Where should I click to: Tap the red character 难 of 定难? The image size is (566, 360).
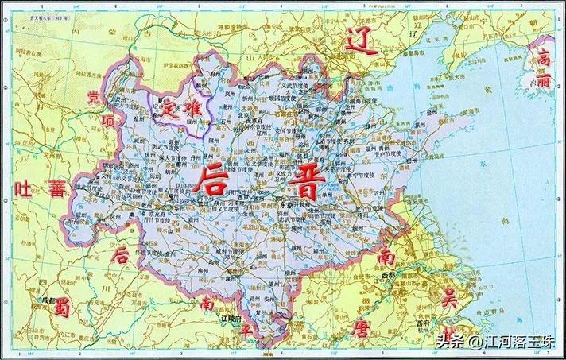[x=193, y=105]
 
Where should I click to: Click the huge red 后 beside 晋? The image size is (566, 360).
[x=216, y=181]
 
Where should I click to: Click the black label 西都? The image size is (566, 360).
[x=388, y=275]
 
